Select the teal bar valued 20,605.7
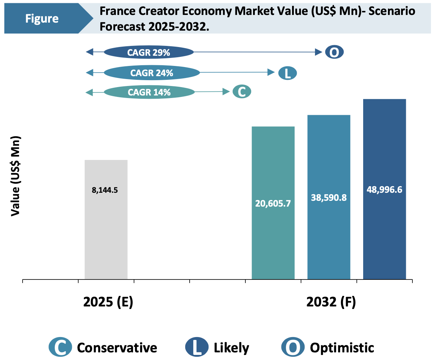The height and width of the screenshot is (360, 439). [x=273, y=233]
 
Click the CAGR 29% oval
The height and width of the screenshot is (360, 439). [x=148, y=52]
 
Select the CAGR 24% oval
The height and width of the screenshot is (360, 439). [x=152, y=73]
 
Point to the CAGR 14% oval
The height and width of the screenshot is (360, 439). [x=149, y=93]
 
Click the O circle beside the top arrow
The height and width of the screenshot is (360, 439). [x=334, y=52]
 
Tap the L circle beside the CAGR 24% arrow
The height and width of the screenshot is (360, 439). [x=287, y=73]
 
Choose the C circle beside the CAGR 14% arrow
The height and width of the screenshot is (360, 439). [x=242, y=92]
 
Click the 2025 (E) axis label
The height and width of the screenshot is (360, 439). [x=108, y=302]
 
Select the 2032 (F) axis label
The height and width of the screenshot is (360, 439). [x=331, y=302]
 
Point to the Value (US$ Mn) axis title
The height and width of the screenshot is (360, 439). [x=15, y=176]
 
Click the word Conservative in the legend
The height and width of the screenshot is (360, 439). [x=117, y=348]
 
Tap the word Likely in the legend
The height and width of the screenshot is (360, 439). [x=231, y=348]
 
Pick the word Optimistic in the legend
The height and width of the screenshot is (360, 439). [x=342, y=348]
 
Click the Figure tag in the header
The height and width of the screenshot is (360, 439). [x=42, y=19]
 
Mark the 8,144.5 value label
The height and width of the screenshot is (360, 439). [x=105, y=190]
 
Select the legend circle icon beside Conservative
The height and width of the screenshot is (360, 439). [x=60, y=347]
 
